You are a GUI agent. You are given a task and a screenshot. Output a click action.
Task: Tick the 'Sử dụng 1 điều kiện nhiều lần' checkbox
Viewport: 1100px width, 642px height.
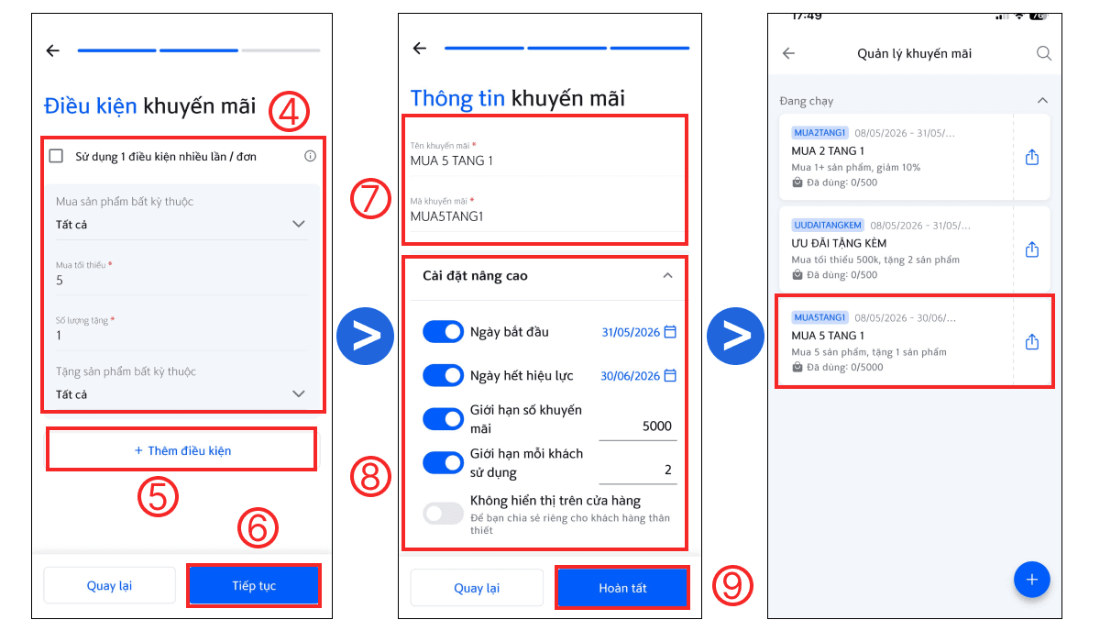56,156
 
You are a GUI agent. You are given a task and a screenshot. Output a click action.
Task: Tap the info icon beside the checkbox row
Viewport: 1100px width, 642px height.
310,156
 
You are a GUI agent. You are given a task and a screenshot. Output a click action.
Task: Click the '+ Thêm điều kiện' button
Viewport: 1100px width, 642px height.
181,450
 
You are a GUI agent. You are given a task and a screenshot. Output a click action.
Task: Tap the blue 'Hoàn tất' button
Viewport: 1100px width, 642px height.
622,588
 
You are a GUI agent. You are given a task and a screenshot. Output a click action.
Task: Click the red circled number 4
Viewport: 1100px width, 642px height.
290,111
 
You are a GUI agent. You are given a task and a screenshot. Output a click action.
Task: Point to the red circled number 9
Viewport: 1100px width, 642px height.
732,585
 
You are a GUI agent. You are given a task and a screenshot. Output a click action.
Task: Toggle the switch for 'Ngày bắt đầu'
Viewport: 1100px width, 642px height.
443,332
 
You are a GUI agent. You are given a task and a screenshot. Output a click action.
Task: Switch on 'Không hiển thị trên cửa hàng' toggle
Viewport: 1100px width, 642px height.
443,514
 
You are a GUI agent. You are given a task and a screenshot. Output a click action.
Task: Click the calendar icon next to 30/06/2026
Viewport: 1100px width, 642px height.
670,375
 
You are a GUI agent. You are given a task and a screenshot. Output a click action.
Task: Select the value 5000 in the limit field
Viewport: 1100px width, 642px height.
656,426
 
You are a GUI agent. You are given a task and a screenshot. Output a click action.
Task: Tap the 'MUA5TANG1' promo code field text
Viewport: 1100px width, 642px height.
447,216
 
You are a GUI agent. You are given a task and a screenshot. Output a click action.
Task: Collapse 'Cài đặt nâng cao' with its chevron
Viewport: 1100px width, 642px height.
667,275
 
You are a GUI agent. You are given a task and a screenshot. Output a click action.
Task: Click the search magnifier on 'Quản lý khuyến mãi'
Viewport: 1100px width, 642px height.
1044,53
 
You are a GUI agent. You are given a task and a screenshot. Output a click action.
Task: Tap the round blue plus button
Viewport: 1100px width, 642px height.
1032,579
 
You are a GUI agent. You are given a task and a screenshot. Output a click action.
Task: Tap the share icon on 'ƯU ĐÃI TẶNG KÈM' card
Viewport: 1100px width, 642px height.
1032,249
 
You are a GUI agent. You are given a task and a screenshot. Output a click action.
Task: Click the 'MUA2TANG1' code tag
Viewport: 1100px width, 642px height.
819,133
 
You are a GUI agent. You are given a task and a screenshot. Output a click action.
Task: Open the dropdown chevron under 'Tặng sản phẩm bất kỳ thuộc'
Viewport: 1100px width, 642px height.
299,393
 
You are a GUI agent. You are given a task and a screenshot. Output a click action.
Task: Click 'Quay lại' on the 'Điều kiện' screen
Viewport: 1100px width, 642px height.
109,585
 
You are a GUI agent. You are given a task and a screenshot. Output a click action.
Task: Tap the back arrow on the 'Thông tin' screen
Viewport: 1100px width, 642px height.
420,48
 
